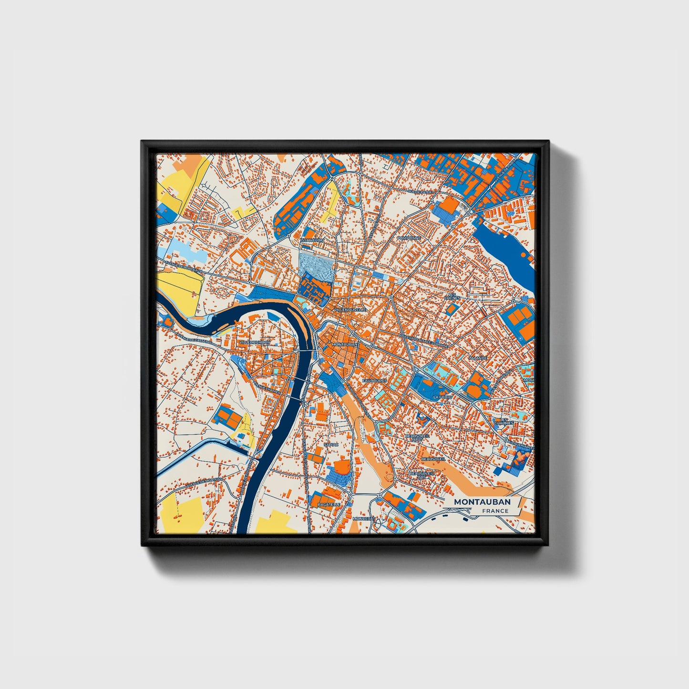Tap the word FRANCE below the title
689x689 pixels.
click(495, 511)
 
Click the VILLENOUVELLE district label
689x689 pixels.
click(350, 309)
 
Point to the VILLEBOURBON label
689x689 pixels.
click(254, 342)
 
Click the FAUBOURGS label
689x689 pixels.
click(374, 381)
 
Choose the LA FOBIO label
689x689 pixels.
click(442, 397)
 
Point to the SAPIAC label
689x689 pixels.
click(330, 444)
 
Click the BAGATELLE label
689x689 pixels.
click(329, 504)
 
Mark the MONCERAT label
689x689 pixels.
click(364, 518)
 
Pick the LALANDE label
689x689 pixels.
click(478, 357)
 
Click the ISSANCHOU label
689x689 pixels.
click(312, 240)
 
